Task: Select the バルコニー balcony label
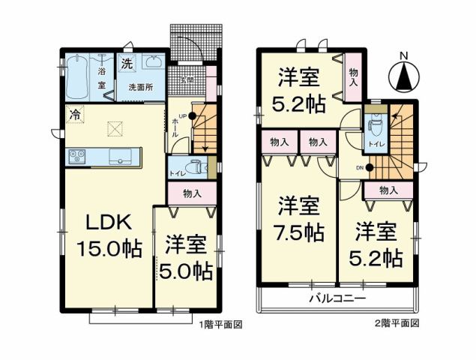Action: pyautogui.click(x=337, y=298)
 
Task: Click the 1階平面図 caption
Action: pyautogui.click(x=220, y=324)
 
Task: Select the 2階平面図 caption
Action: pyautogui.click(x=396, y=324)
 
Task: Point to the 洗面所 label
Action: pyautogui.click(x=140, y=88)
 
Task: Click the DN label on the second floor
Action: pyautogui.click(x=359, y=168)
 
